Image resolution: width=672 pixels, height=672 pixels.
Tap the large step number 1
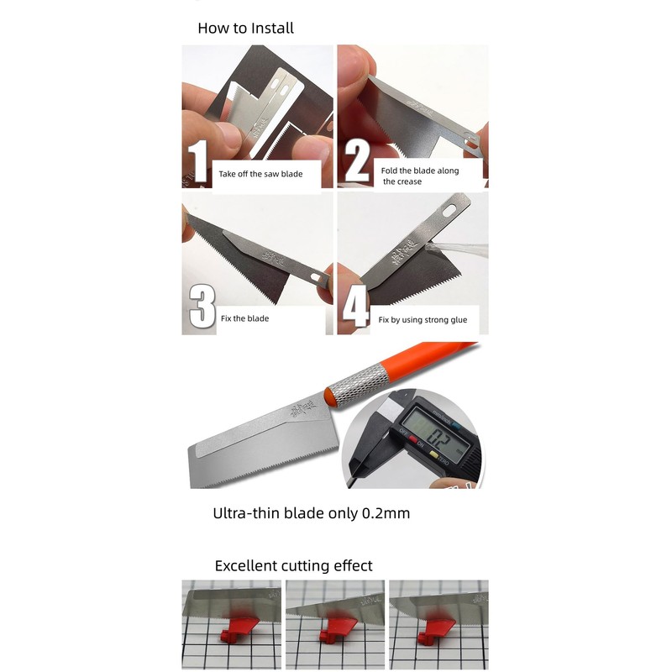197,161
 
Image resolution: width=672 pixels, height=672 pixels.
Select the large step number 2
356,162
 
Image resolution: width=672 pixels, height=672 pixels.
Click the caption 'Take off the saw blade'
260,175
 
